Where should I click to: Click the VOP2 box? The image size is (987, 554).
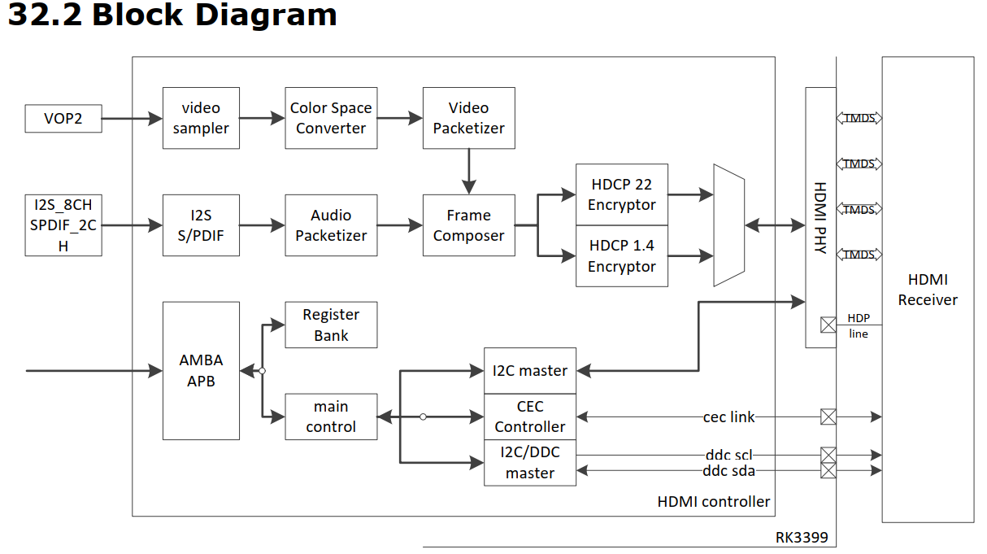coord(63,119)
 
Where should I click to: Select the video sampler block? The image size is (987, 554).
coord(201,118)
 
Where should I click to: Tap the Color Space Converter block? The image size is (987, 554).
coord(331,118)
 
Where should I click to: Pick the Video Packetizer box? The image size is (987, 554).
coord(468,118)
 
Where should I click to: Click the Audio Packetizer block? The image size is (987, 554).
coord(331,225)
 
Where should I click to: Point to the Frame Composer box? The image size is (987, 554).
coord(468,225)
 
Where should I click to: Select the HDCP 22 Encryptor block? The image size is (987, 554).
coord(622,194)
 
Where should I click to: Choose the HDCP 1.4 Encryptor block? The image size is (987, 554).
coord(622,256)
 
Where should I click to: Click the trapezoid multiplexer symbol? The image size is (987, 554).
coord(729,225)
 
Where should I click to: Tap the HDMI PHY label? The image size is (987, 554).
coord(820,217)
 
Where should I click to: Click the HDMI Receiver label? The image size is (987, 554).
coord(928,290)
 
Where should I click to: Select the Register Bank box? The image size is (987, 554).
coord(331,325)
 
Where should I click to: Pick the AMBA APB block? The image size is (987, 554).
coord(201,370)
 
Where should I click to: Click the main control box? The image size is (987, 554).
coord(331,417)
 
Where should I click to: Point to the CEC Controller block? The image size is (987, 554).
coord(530,417)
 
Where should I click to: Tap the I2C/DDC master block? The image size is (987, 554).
coord(530,463)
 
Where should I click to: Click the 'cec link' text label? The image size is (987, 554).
coord(728,417)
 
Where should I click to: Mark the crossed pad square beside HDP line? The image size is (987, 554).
coord(828,325)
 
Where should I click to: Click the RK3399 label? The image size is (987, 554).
coord(801,539)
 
